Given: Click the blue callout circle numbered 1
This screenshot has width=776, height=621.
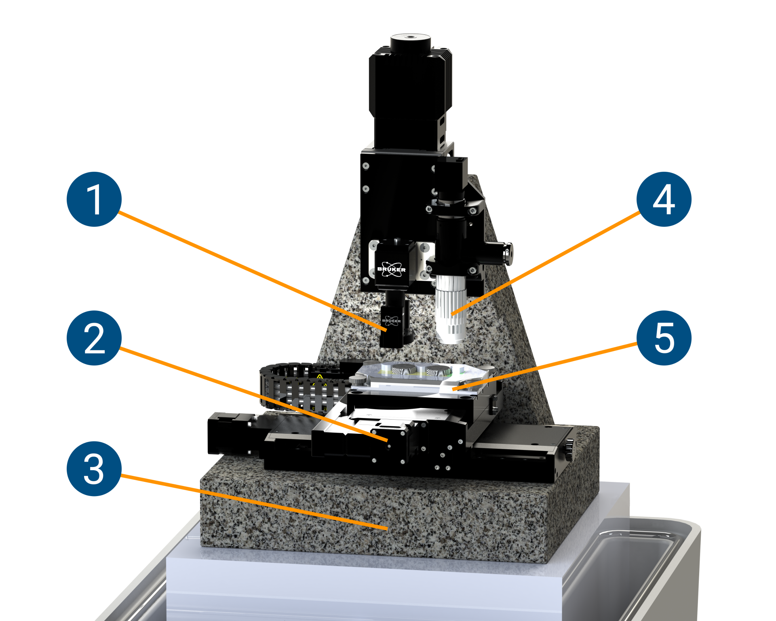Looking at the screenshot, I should click(94, 199).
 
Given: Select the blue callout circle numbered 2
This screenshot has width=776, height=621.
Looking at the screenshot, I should click(94, 338).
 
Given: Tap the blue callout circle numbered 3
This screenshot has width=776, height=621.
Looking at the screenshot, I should click(94, 469).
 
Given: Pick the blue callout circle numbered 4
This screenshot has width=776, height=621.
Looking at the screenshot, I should click(664, 199).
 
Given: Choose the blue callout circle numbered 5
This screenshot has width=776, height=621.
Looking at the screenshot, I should click(664, 338).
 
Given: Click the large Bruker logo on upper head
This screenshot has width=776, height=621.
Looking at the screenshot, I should click(391, 269).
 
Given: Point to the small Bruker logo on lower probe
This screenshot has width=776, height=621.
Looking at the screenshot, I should click(391, 321).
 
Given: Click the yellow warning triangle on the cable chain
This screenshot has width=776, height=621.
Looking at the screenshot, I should click(320, 378).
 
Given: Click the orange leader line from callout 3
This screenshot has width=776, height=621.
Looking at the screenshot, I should click(251, 501).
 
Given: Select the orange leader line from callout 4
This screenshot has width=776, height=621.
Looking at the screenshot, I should click(546, 263).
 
